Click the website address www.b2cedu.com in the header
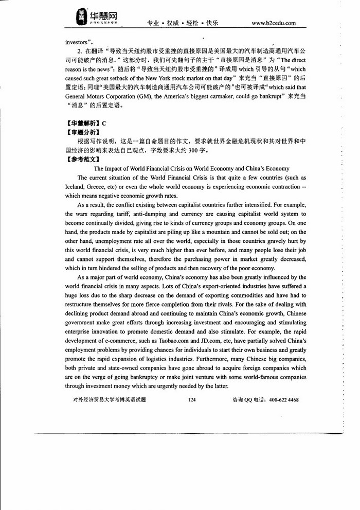274,23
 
